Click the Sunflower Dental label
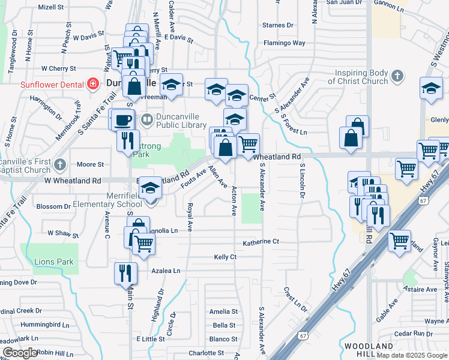[x=51, y=85]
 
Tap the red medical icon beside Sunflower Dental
[x=92, y=83]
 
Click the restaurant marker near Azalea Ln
[x=125, y=273]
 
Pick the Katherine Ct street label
[x=261, y=242]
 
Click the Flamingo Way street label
[x=285, y=43]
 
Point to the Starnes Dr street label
[x=278, y=25]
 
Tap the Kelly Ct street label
[x=225, y=257]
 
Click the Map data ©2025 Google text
[x=411, y=355]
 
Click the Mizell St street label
[x=51, y=7]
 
